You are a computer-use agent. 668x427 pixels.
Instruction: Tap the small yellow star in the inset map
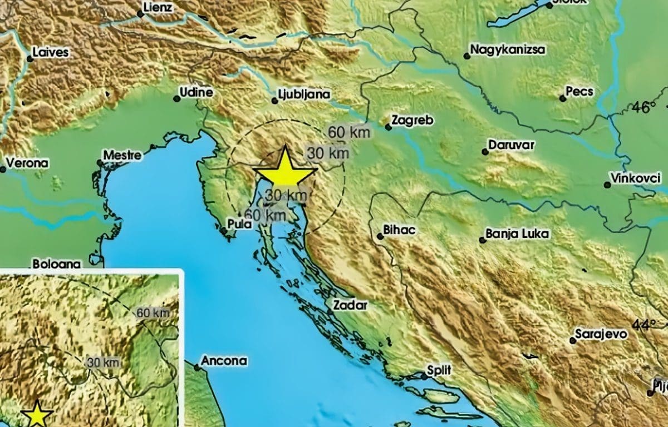(x=37, y=414)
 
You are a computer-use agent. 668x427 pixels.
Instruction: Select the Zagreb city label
(x=412, y=120)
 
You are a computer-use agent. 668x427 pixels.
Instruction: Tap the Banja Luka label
(x=517, y=234)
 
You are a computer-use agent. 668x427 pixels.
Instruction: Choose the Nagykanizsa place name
(x=508, y=49)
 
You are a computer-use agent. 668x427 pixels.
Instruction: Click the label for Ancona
(x=223, y=361)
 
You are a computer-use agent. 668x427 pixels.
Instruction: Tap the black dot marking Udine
(x=176, y=99)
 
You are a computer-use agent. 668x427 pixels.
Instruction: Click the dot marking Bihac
(x=380, y=236)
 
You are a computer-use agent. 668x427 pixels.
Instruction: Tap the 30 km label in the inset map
(x=104, y=363)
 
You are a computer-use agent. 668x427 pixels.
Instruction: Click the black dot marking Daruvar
(x=485, y=151)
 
